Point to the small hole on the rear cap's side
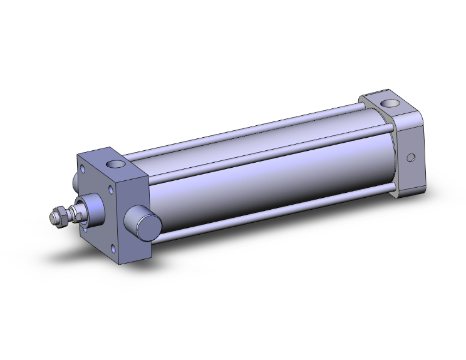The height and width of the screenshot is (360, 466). pos(411,158)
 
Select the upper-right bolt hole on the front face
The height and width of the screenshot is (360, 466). pos(111,187)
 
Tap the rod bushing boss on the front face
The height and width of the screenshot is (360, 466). pos(93,207)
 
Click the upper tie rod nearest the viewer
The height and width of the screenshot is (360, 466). pos(263,150)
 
